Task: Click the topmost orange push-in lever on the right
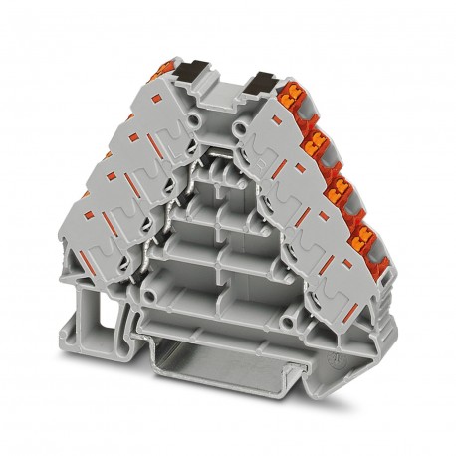(295, 97)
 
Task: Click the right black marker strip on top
(263, 81)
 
